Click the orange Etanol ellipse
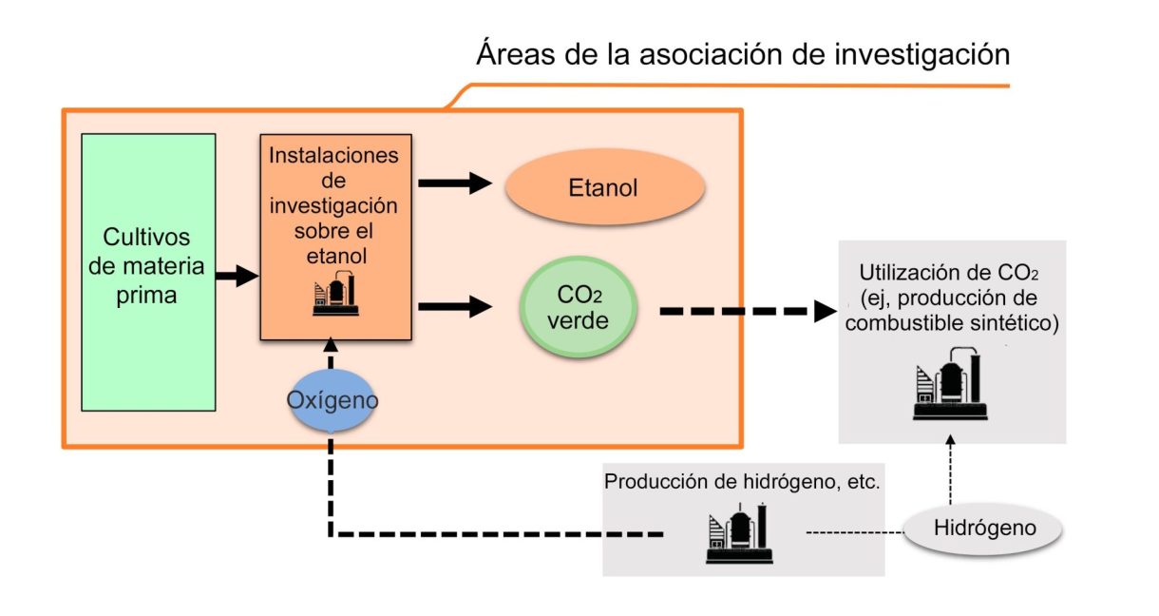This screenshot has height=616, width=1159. [x=603, y=188]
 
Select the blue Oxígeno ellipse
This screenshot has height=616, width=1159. [x=332, y=400]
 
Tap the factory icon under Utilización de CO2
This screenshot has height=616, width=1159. [x=950, y=385]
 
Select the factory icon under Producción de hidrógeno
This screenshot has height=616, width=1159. [x=740, y=534]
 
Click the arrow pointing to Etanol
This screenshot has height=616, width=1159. [x=457, y=185]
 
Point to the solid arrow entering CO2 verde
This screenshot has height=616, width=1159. [x=457, y=306]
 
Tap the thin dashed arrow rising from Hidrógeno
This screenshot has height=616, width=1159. [x=950, y=472]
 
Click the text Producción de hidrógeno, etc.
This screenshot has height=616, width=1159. [x=743, y=481]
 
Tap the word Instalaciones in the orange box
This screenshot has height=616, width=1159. [x=334, y=155]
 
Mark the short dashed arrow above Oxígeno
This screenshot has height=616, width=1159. [x=331, y=354]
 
